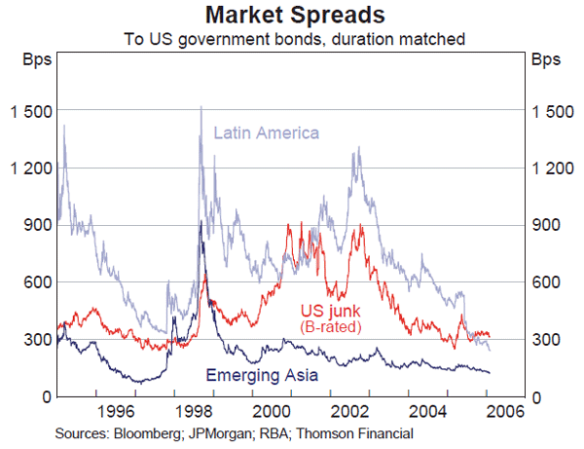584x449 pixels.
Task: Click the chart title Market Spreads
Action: pyautogui.click(x=291, y=16)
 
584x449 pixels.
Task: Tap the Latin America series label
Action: pyautogui.click(x=267, y=132)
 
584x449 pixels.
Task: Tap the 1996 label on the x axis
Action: pyautogui.click(x=115, y=409)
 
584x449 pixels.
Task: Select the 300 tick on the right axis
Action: pyautogui.click(x=545, y=339)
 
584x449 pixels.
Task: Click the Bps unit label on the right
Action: pyautogui.click(x=546, y=59)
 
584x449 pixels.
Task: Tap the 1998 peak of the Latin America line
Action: pyautogui.click(x=201, y=107)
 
